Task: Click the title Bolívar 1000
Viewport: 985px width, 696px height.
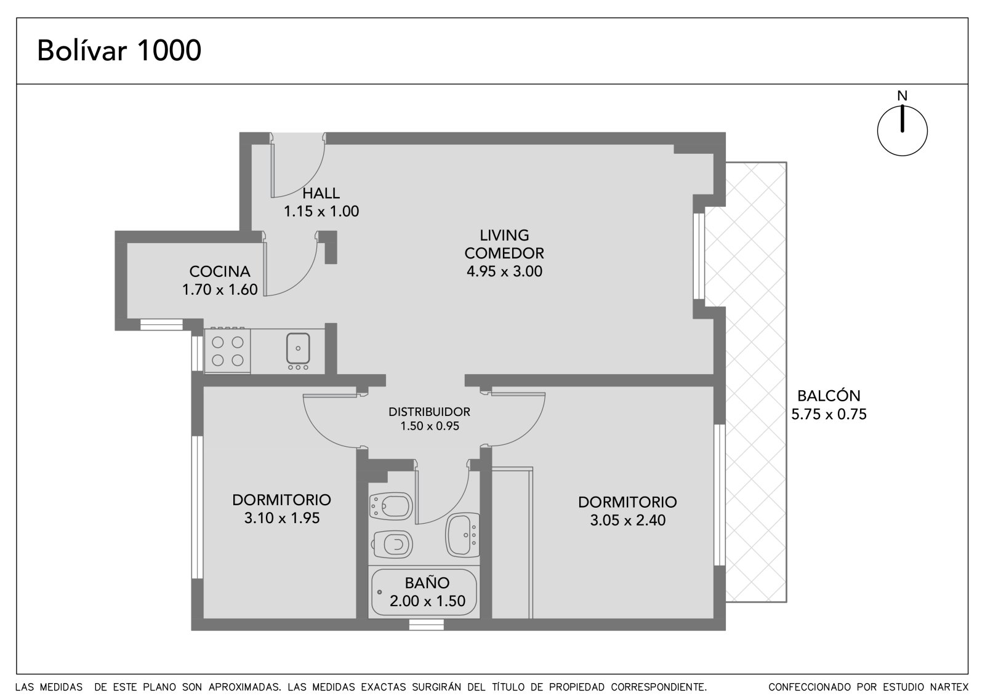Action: click(119, 50)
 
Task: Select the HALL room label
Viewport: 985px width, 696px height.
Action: click(321, 193)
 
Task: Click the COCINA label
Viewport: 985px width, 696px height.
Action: click(220, 271)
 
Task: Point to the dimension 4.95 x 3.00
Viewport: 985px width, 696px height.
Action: click(504, 271)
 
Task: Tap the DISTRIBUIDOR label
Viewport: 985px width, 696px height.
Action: click(429, 412)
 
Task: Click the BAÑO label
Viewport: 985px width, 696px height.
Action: click(427, 583)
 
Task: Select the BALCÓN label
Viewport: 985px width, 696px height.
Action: click(829, 396)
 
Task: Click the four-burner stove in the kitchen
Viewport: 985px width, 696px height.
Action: click(227, 351)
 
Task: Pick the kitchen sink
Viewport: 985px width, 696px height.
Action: click(298, 348)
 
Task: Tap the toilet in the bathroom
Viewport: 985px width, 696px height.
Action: click(392, 545)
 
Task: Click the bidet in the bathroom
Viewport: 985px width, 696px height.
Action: click(391, 506)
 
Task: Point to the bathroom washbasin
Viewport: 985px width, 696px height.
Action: click(462, 535)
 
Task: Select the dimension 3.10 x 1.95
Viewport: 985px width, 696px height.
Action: click(282, 518)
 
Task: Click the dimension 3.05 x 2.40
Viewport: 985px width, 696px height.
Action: click(627, 520)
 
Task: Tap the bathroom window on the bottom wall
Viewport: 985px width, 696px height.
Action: click(426, 625)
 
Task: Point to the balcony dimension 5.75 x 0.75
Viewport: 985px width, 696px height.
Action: click(829, 414)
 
